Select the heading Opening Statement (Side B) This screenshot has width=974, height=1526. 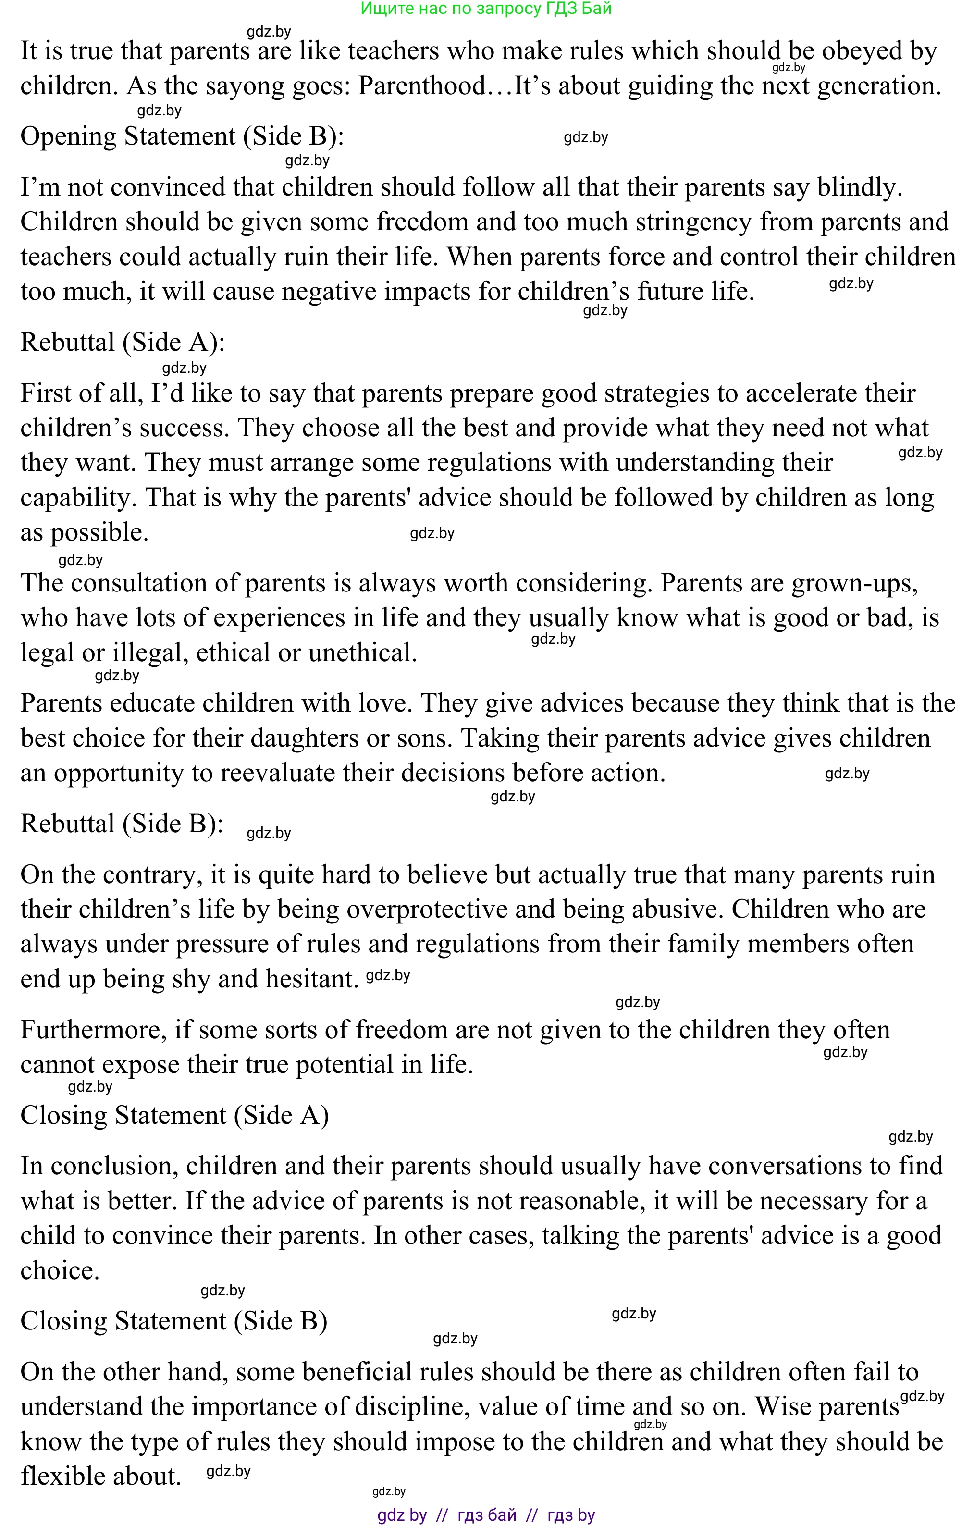[x=182, y=136]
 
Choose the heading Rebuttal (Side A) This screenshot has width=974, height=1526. [x=123, y=342]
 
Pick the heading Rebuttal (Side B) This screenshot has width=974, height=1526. [x=122, y=824]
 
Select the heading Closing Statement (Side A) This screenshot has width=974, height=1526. [x=174, y=1115]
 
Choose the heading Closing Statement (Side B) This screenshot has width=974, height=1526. [x=173, y=1321]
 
